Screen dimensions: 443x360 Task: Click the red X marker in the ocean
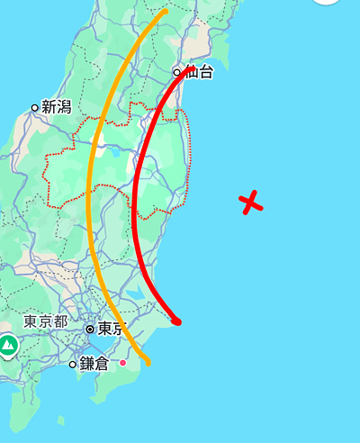[x=253, y=203]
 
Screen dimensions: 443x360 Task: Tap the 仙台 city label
[x=198, y=73]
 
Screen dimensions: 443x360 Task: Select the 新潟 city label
[x=56, y=107]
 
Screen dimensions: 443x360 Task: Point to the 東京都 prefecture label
[x=46, y=321]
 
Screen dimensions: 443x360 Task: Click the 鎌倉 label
[x=94, y=363]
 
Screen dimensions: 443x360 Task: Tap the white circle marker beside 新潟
[x=35, y=107]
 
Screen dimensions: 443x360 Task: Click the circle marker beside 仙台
[x=178, y=73]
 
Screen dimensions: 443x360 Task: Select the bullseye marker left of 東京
[x=89, y=330]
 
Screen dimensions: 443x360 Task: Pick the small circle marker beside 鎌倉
[x=73, y=364]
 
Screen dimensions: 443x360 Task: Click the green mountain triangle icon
[x=9, y=345]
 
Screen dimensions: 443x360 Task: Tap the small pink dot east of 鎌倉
[x=123, y=362]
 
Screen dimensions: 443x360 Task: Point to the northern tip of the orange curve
[x=164, y=13]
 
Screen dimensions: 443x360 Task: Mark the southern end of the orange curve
[x=146, y=362]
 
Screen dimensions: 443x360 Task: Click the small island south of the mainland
[x=60, y=420]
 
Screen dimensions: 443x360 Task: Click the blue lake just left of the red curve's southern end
[x=136, y=294]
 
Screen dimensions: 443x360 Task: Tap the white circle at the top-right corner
[x=325, y=3]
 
